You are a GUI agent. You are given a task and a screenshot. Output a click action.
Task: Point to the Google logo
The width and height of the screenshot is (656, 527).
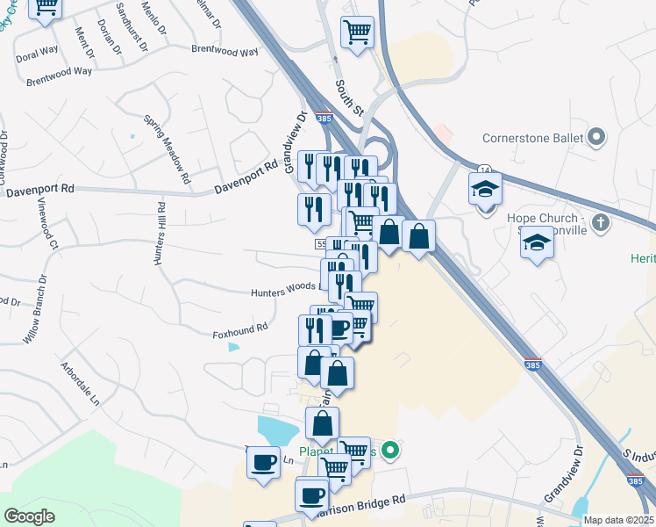pos(29,516)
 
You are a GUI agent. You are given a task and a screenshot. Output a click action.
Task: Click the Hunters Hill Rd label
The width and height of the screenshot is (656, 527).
pos(160,234)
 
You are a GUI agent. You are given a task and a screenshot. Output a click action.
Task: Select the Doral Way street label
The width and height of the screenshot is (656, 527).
pos(37,54)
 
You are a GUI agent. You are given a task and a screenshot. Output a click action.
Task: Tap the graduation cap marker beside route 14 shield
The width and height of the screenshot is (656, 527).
pos(484,190)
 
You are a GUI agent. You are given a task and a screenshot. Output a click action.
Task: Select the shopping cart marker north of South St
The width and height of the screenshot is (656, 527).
pos(356,33)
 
